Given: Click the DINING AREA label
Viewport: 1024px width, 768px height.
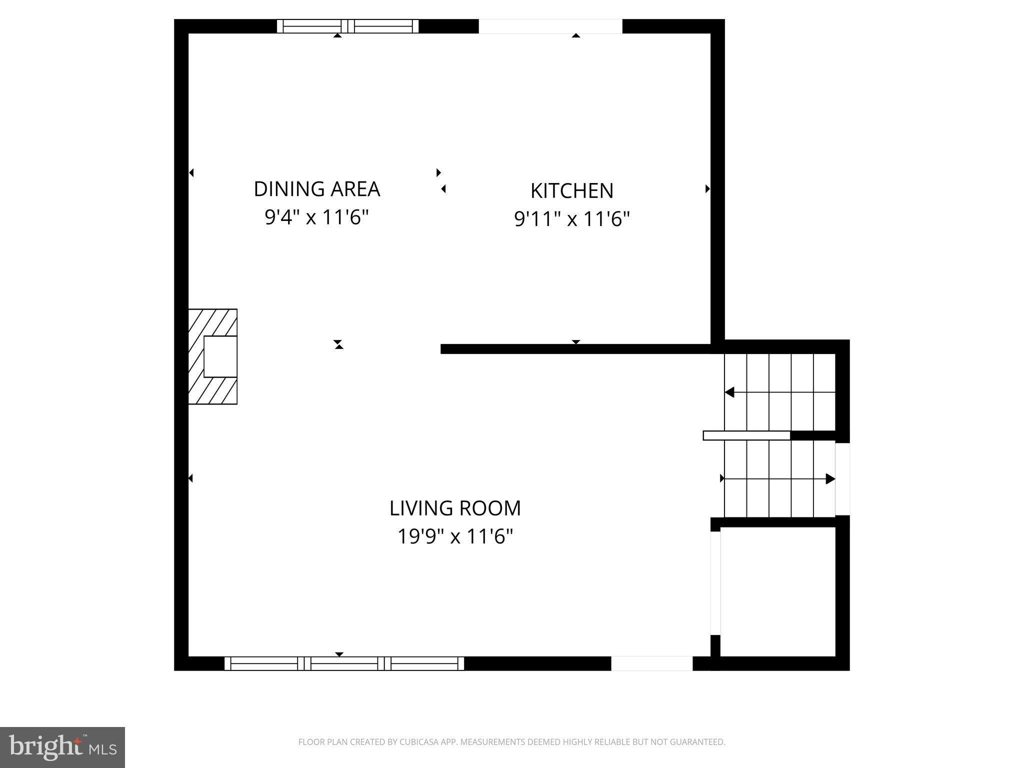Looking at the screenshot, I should point(317,189).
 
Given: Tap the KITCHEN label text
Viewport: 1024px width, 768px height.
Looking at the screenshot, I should point(571,191).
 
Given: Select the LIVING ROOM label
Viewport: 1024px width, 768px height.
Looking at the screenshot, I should point(455,508).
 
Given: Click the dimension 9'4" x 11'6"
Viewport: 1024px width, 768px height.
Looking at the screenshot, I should point(316,218).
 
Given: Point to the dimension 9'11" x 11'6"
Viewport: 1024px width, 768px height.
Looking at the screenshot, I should point(571,219).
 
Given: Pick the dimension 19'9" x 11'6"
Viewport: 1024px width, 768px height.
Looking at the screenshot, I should point(455,537).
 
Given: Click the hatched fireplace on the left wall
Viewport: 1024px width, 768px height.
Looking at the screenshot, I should point(212,356).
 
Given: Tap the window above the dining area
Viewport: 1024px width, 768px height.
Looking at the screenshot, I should point(347,26).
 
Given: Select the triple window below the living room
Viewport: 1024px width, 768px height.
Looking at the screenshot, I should point(344,663).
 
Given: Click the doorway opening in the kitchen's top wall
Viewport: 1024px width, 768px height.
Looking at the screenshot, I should point(550,26).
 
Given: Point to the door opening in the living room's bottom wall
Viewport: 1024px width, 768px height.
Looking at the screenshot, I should point(651,663).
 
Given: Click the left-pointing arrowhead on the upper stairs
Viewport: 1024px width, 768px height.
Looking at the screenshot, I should point(729,392).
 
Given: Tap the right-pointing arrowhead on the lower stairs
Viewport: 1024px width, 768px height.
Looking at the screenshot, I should point(830,479).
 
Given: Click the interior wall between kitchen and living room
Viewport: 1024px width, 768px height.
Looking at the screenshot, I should point(575,349).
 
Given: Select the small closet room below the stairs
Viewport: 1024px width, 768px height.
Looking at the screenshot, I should point(778,591).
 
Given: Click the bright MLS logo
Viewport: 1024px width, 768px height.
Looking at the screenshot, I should point(62,747).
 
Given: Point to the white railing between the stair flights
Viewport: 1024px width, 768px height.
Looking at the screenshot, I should point(746,435).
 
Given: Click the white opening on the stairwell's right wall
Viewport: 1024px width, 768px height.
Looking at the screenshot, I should point(842,479).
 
